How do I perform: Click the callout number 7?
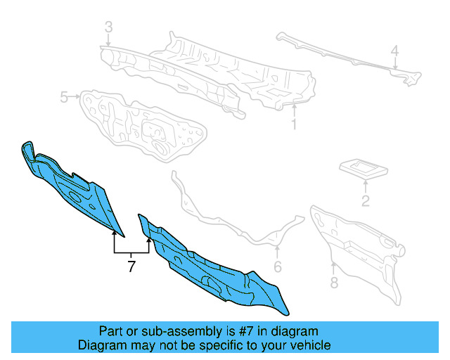(131, 266)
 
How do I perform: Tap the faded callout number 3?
(108, 27)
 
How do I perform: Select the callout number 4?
(395, 51)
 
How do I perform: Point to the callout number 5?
(64, 97)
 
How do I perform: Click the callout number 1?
(294, 124)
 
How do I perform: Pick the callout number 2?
(365, 200)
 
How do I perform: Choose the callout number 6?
(278, 266)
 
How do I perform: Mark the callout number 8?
(334, 282)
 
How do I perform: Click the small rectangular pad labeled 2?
(364, 169)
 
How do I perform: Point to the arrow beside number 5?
(75, 96)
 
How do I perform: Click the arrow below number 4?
(395, 63)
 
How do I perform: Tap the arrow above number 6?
(277, 252)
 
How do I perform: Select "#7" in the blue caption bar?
(246, 331)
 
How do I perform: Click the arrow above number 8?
(333, 268)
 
